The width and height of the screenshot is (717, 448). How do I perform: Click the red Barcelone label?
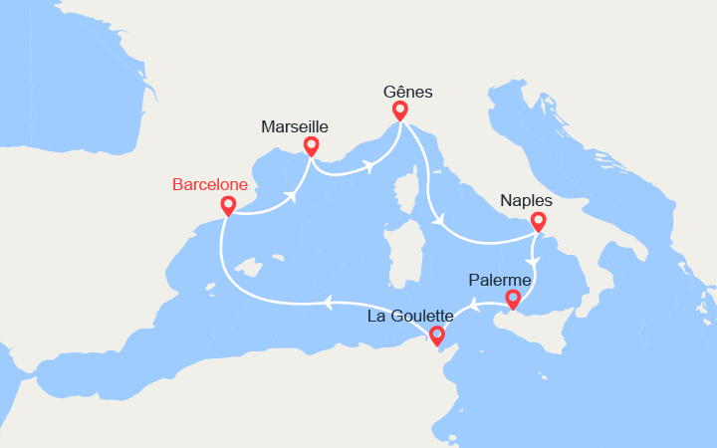pyautogui.click(x=212, y=184)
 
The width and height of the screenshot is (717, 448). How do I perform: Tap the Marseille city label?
pyautogui.click(x=294, y=126)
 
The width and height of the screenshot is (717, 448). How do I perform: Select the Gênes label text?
pyautogui.click(x=408, y=91)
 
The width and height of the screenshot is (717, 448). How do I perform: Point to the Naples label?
pyautogui.click(x=526, y=199)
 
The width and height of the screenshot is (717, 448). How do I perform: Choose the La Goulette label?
pyautogui.click(x=410, y=316)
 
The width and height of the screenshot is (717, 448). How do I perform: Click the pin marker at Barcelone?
pyautogui.click(x=228, y=206)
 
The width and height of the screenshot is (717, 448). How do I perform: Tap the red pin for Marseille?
pyautogui.click(x=311, y=146)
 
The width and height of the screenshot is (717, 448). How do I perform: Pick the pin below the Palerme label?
pyautogui.click(x=513, y=299)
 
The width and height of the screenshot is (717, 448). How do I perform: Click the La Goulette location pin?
pyautogui.click(x=436, y=336)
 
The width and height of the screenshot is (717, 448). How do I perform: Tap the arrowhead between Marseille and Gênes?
pyautogui.click(x=369, y=164)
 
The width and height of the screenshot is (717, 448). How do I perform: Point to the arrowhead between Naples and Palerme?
pyautogui.click(x=534, y=263)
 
